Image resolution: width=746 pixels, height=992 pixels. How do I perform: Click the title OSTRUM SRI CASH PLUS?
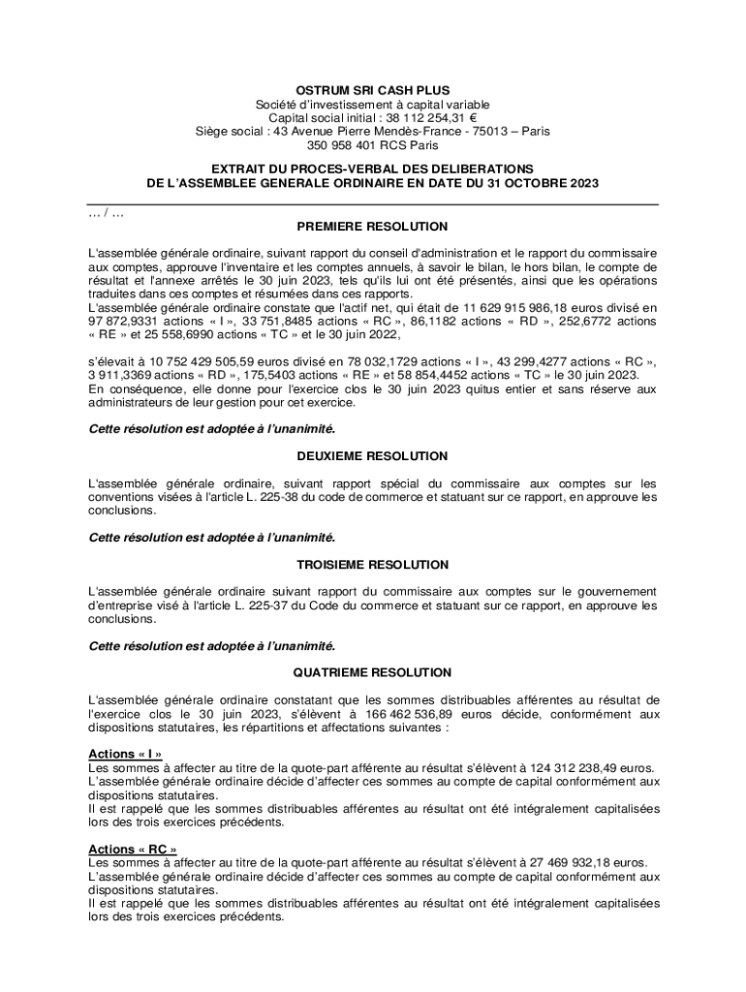click(x=372, y=89)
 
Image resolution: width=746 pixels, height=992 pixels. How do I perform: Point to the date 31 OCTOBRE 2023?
click(x=538, y=182)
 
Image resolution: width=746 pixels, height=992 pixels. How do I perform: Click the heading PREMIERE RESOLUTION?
click(x=372, y=226)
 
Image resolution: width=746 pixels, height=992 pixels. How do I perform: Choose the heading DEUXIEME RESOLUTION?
click(x=372, y=455)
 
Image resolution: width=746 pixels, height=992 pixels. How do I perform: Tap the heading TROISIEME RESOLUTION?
click(x=372, y=564)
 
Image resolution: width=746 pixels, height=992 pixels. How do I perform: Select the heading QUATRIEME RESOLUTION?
click(x=372, y=671)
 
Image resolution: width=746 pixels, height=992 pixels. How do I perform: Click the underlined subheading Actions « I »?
click(x=124, y=754)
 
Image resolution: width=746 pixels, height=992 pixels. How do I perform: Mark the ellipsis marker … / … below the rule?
click(x=105, y=212)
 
